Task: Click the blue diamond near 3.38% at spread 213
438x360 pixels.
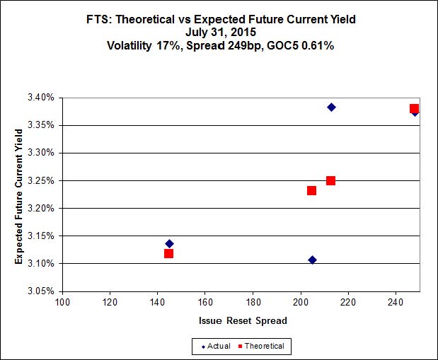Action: [331, 107]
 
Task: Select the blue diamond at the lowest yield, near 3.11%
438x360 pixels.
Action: [312, 260]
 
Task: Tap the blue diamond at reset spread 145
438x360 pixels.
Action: [169, 244]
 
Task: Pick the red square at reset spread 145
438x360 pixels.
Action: [168, 253]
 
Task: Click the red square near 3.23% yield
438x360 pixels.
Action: [311, 190]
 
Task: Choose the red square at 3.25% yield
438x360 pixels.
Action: [330, 180]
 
